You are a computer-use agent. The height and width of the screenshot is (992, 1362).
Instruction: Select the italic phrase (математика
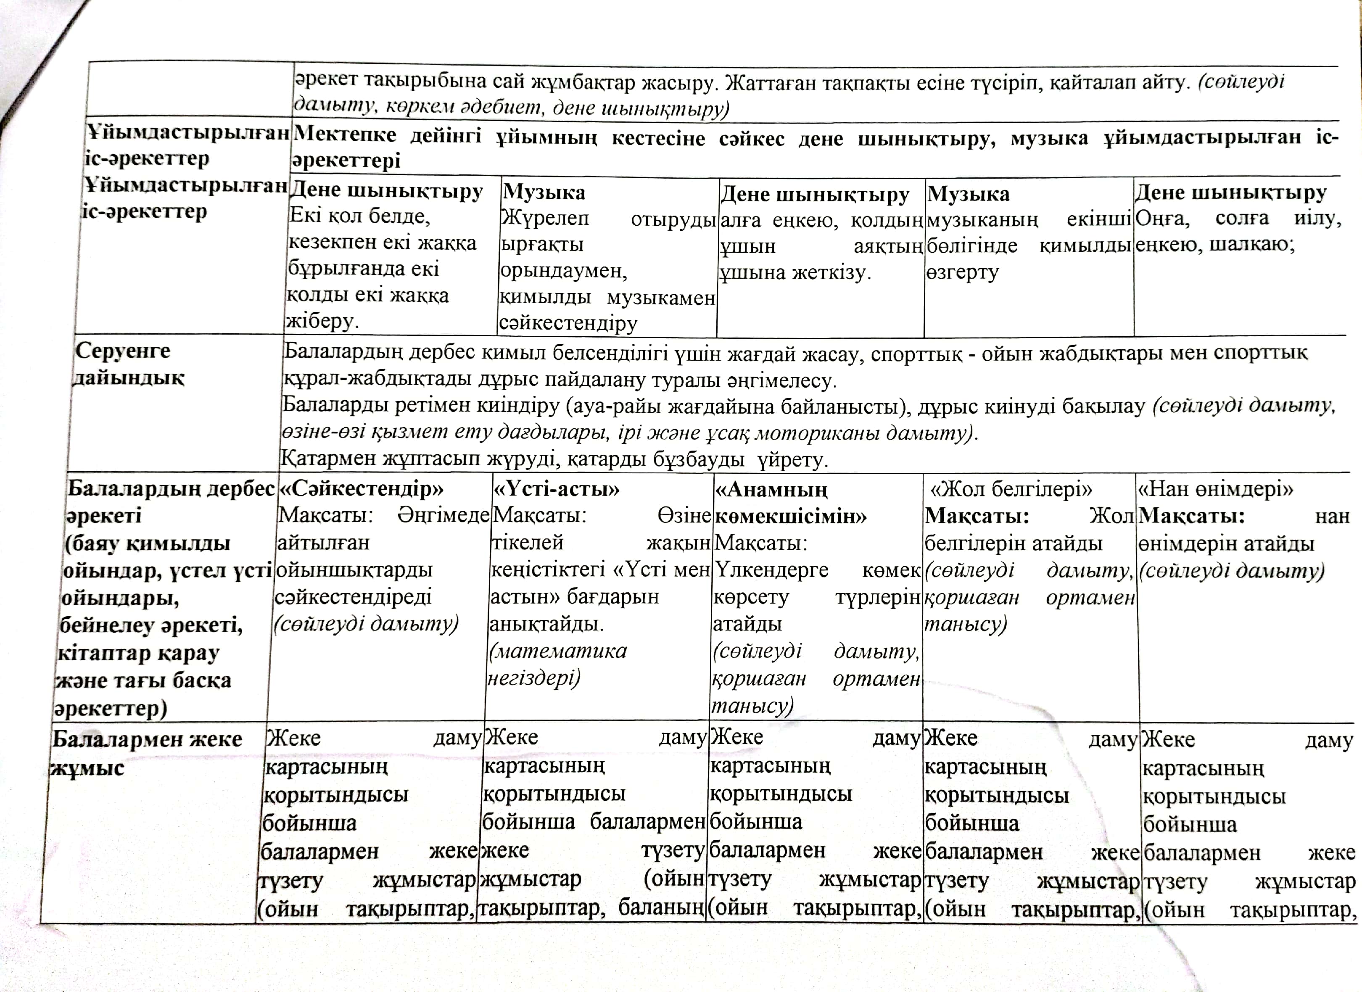coord(559,651)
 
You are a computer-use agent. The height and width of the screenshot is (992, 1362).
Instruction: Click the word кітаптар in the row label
coord(97,653)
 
